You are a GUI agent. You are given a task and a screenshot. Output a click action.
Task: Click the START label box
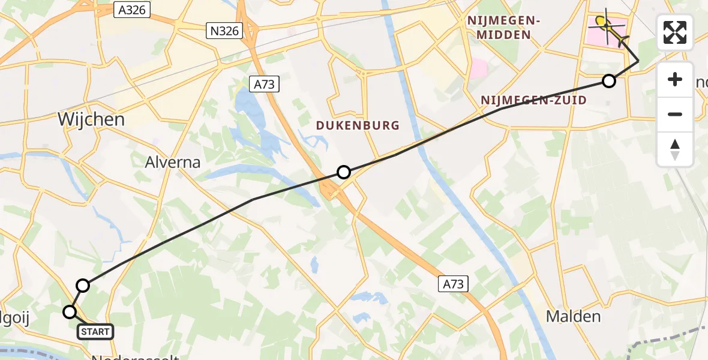click(x=95, y=332)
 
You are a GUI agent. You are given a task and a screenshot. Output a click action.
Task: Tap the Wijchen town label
click(x=91, y=119)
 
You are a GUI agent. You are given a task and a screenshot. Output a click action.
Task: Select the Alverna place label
click(x=173, y=162)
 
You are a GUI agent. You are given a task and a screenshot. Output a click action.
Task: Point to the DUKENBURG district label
click(x=358, y=125)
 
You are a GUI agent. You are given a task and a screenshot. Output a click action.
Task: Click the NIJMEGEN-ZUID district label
click(x=533, y=100)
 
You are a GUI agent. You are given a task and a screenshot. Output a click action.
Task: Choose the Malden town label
click(x=574, y=316)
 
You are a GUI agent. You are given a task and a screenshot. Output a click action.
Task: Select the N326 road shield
click(x=224, y=31)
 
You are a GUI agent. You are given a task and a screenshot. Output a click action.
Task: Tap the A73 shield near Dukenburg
click(x=264, y=85)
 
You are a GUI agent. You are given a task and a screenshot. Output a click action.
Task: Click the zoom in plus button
click(x=675, y=79)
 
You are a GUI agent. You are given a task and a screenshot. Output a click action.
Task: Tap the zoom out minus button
click(x=675, y=114)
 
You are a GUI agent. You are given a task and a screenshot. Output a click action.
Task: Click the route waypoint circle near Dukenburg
click(x=343, y=172)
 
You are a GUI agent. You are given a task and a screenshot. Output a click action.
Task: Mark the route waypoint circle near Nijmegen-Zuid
click(x=609, y=81)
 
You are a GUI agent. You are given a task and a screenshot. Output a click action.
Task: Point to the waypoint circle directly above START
click(x=83, y=286)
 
